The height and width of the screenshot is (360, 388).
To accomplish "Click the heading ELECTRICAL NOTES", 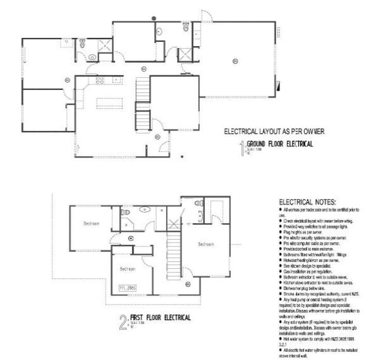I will pos(307,202).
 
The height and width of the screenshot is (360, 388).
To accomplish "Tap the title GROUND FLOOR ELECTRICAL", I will pos(279,144).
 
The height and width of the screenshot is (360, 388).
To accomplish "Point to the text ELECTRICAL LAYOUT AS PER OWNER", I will pos(274,132).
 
